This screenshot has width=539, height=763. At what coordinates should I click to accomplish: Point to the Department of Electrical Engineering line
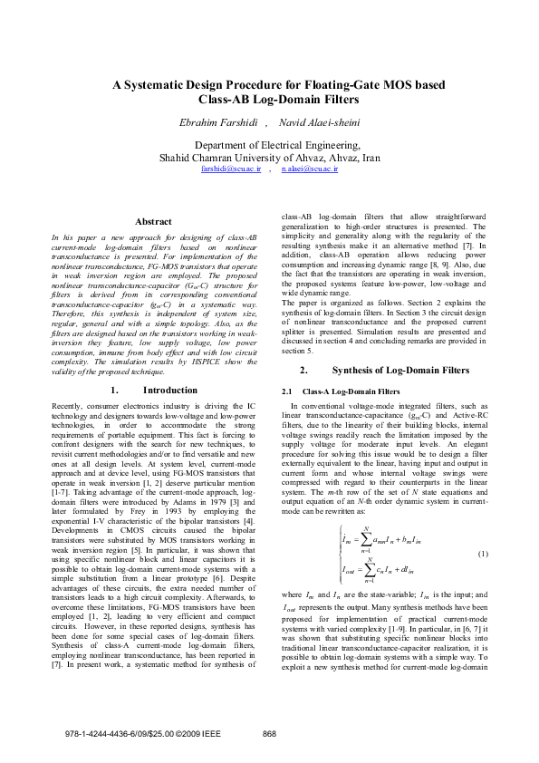270,144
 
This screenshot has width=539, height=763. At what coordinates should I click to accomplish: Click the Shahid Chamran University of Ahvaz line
270,156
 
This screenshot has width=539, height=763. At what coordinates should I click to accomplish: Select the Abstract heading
153,222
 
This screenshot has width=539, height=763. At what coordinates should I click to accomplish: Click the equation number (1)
483,554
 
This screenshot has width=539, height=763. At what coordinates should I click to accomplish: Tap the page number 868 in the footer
269,734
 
